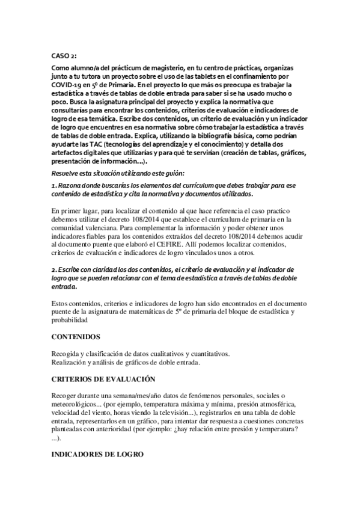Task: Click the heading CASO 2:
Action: click(64, 55)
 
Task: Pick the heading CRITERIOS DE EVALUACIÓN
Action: click(103, 379)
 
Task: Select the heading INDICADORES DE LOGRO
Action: click(97, 454)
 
